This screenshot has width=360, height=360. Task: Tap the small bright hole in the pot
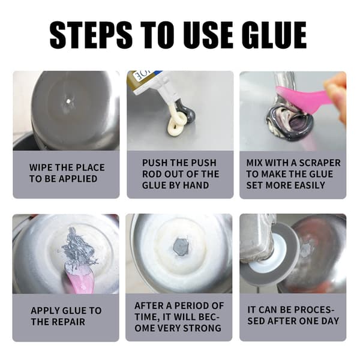pos(68,101)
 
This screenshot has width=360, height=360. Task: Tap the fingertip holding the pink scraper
pos(337,89)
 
